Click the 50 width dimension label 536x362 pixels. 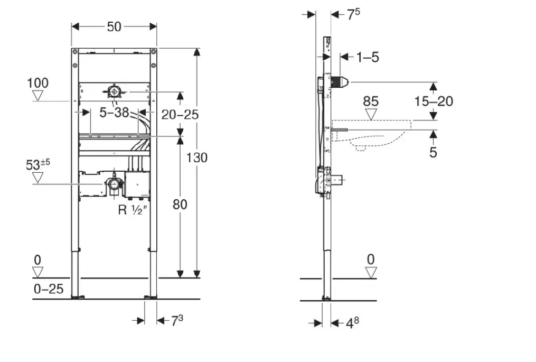(114, 26)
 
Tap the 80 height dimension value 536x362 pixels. (180, 204)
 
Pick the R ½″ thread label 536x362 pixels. (131, 210)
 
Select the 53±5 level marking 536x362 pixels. (38, 164)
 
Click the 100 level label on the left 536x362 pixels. (38, 83)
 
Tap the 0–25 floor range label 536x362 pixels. (49, 289)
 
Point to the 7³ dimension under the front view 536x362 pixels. (177, 320)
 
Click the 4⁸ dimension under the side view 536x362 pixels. (352, 322)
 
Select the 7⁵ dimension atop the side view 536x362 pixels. (353, 14)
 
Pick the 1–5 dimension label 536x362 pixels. (367, 57)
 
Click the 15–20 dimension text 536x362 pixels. (434, 101)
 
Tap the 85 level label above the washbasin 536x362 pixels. (371, 101)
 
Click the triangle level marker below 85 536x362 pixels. (371, 115)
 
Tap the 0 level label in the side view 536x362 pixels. (371, 259)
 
